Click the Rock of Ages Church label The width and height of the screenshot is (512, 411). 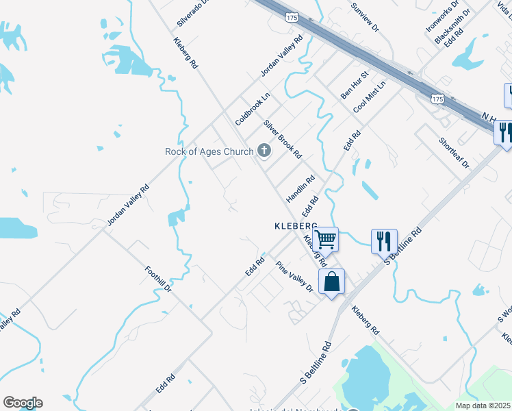(209, 151)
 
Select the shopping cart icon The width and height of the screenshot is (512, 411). (327, 240)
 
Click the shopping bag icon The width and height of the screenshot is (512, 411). (331, 282)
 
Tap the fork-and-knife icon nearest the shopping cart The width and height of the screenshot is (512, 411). (384, 241)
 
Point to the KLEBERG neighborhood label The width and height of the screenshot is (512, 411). (296, 225)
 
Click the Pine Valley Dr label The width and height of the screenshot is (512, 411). (294, 276)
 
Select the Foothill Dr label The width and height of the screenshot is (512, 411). (158, 279)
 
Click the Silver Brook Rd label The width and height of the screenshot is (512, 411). (283, 139)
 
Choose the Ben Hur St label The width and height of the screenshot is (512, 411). (355, 84)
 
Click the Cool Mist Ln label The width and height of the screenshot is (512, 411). (370, 97)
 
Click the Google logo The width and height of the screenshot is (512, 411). (23, 403)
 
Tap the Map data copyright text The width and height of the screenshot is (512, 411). (483, 406)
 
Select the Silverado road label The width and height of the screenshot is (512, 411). (196, 13)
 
